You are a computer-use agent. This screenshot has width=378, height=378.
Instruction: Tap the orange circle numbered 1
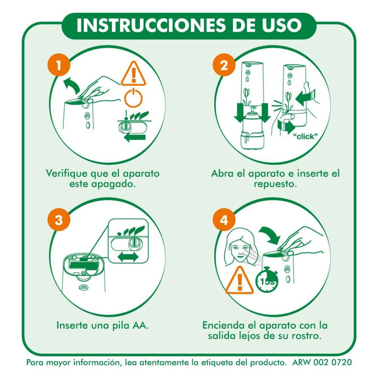coord(59,65)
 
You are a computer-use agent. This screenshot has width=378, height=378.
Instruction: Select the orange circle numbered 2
coord(224,65)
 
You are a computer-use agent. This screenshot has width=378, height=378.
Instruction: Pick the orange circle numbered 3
coord(59,220)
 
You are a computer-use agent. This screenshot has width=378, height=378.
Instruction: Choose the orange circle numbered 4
coord(224,220)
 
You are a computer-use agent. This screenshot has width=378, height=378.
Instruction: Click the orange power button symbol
coord(133,98)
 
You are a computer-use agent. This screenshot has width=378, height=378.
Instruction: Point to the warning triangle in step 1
coord(133,73)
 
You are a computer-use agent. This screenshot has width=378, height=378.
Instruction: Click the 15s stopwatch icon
coord(266,279)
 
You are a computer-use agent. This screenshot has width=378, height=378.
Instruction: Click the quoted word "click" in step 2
coord(305,137)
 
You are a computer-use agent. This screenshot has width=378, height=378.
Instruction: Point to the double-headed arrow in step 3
coord(128,257)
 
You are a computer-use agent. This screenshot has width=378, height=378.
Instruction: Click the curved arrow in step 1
coord(72,86)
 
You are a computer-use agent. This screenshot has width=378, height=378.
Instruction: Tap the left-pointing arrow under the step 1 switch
coord(135,138)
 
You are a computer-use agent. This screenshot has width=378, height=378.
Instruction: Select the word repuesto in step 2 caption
coord(275,184)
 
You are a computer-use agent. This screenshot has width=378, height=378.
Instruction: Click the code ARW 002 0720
coord(322,362)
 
